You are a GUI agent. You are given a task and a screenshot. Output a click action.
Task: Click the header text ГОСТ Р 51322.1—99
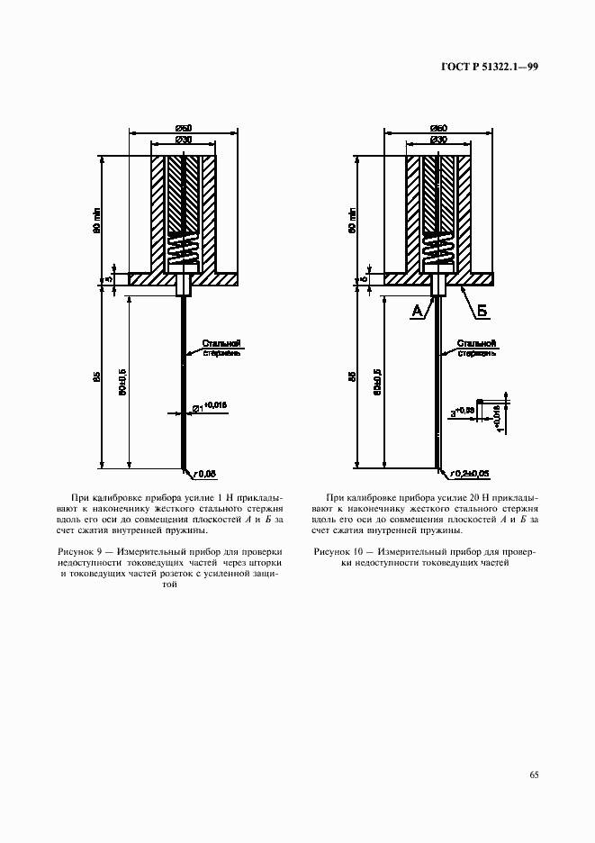[490, 68]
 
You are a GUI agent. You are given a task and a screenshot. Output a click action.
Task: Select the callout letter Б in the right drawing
[482, 311]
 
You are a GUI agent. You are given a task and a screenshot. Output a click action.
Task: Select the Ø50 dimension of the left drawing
[184, 127]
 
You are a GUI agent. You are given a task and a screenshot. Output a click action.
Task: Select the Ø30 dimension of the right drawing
[439, 140]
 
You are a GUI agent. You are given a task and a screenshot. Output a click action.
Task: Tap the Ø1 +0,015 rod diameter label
[210, 408]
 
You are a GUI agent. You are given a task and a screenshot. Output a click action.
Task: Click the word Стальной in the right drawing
[473, 343]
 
